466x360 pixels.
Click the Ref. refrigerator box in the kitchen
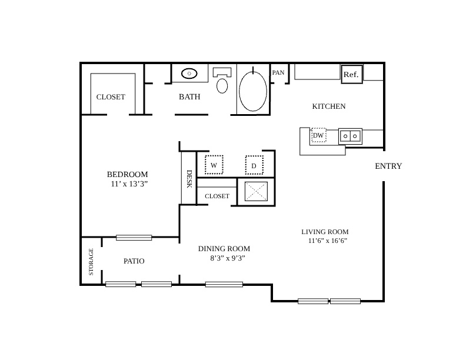point(352,74)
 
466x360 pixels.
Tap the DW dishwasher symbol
point(318,135)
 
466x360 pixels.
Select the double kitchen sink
point(350,136)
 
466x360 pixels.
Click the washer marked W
point(214,165)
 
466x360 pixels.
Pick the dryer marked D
point(254,165)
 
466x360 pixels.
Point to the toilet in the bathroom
point(222,80)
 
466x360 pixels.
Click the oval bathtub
point(253,91)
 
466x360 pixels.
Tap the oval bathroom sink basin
point(189,74)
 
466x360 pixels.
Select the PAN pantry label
point(278,72)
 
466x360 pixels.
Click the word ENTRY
point(388,166)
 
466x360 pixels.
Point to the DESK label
point(189,179)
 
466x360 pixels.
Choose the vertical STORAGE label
point(91,262)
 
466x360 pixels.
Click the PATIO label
point(134,261)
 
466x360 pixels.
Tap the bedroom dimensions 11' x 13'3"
point(129,184)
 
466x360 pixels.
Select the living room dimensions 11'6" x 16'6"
point(328,241)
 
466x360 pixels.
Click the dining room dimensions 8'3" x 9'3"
point(228,258)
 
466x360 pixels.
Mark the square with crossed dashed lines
point(256,191)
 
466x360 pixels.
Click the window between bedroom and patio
point(134,238)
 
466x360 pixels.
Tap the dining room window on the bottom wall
point(224,285)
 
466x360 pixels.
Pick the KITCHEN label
point(329,106)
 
